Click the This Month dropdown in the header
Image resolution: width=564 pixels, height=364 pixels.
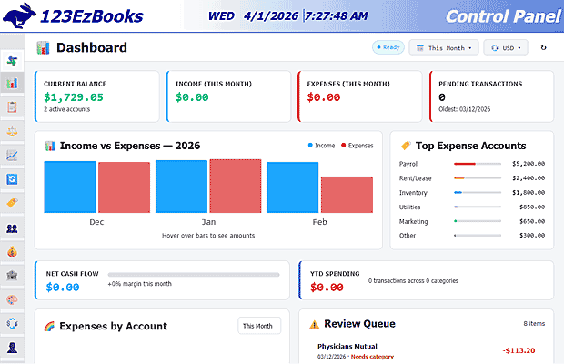443,48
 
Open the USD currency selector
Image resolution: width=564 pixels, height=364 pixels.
507,48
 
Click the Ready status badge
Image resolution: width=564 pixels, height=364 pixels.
388,48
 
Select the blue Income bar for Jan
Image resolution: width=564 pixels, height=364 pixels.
181,187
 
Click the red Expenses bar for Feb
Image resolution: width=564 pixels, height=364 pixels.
347,195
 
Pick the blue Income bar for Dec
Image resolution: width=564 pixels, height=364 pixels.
70,187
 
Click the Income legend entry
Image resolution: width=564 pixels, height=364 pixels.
322,146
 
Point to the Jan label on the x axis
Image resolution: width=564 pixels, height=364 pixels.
208,222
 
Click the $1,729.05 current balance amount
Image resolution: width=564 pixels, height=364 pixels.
74,96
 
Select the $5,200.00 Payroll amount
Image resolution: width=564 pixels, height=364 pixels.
529,164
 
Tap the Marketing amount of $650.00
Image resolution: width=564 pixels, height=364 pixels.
532,221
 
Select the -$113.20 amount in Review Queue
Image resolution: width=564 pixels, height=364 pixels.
519,350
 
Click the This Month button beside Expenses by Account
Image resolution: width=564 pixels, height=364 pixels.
259,326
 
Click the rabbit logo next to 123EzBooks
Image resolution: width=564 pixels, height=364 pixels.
15,15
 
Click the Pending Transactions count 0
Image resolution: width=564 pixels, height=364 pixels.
442,96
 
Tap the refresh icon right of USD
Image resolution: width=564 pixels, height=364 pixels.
544,48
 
